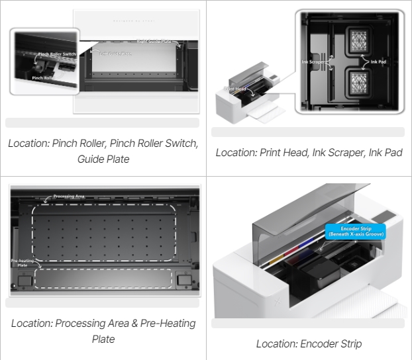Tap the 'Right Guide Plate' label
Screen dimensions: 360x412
pos(154,42)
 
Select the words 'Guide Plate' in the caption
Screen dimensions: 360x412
pos(103,159)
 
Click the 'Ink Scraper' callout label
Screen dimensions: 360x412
pos(313,62)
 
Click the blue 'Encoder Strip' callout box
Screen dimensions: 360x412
pos(354,231)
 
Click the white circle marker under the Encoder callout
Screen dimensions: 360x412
pos(321,250)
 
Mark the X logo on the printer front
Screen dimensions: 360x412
pos(277,303)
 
